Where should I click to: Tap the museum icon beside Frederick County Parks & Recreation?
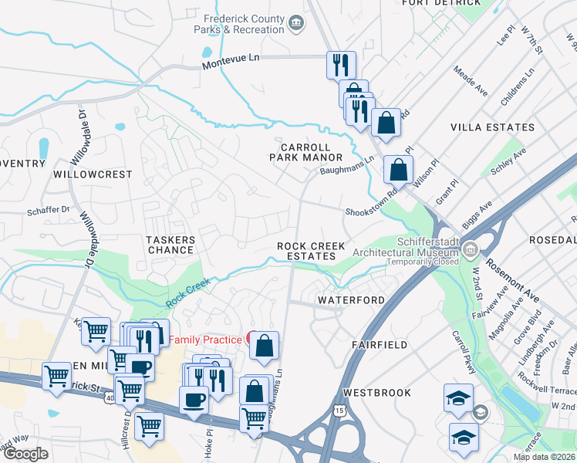pos(296,24)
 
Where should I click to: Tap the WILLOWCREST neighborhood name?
pos(93,174)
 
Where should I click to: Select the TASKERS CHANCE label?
pos(170,245)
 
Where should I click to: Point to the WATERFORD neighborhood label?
pos(351,299)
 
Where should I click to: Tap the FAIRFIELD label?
pos(379,345)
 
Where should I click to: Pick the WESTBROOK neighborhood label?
pos(377,393)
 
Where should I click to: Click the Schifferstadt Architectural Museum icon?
pos(470,248)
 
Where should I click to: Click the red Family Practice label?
pos(204,340)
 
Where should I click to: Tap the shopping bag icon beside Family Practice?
pos(264,347)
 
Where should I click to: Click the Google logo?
pos(26,453)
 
